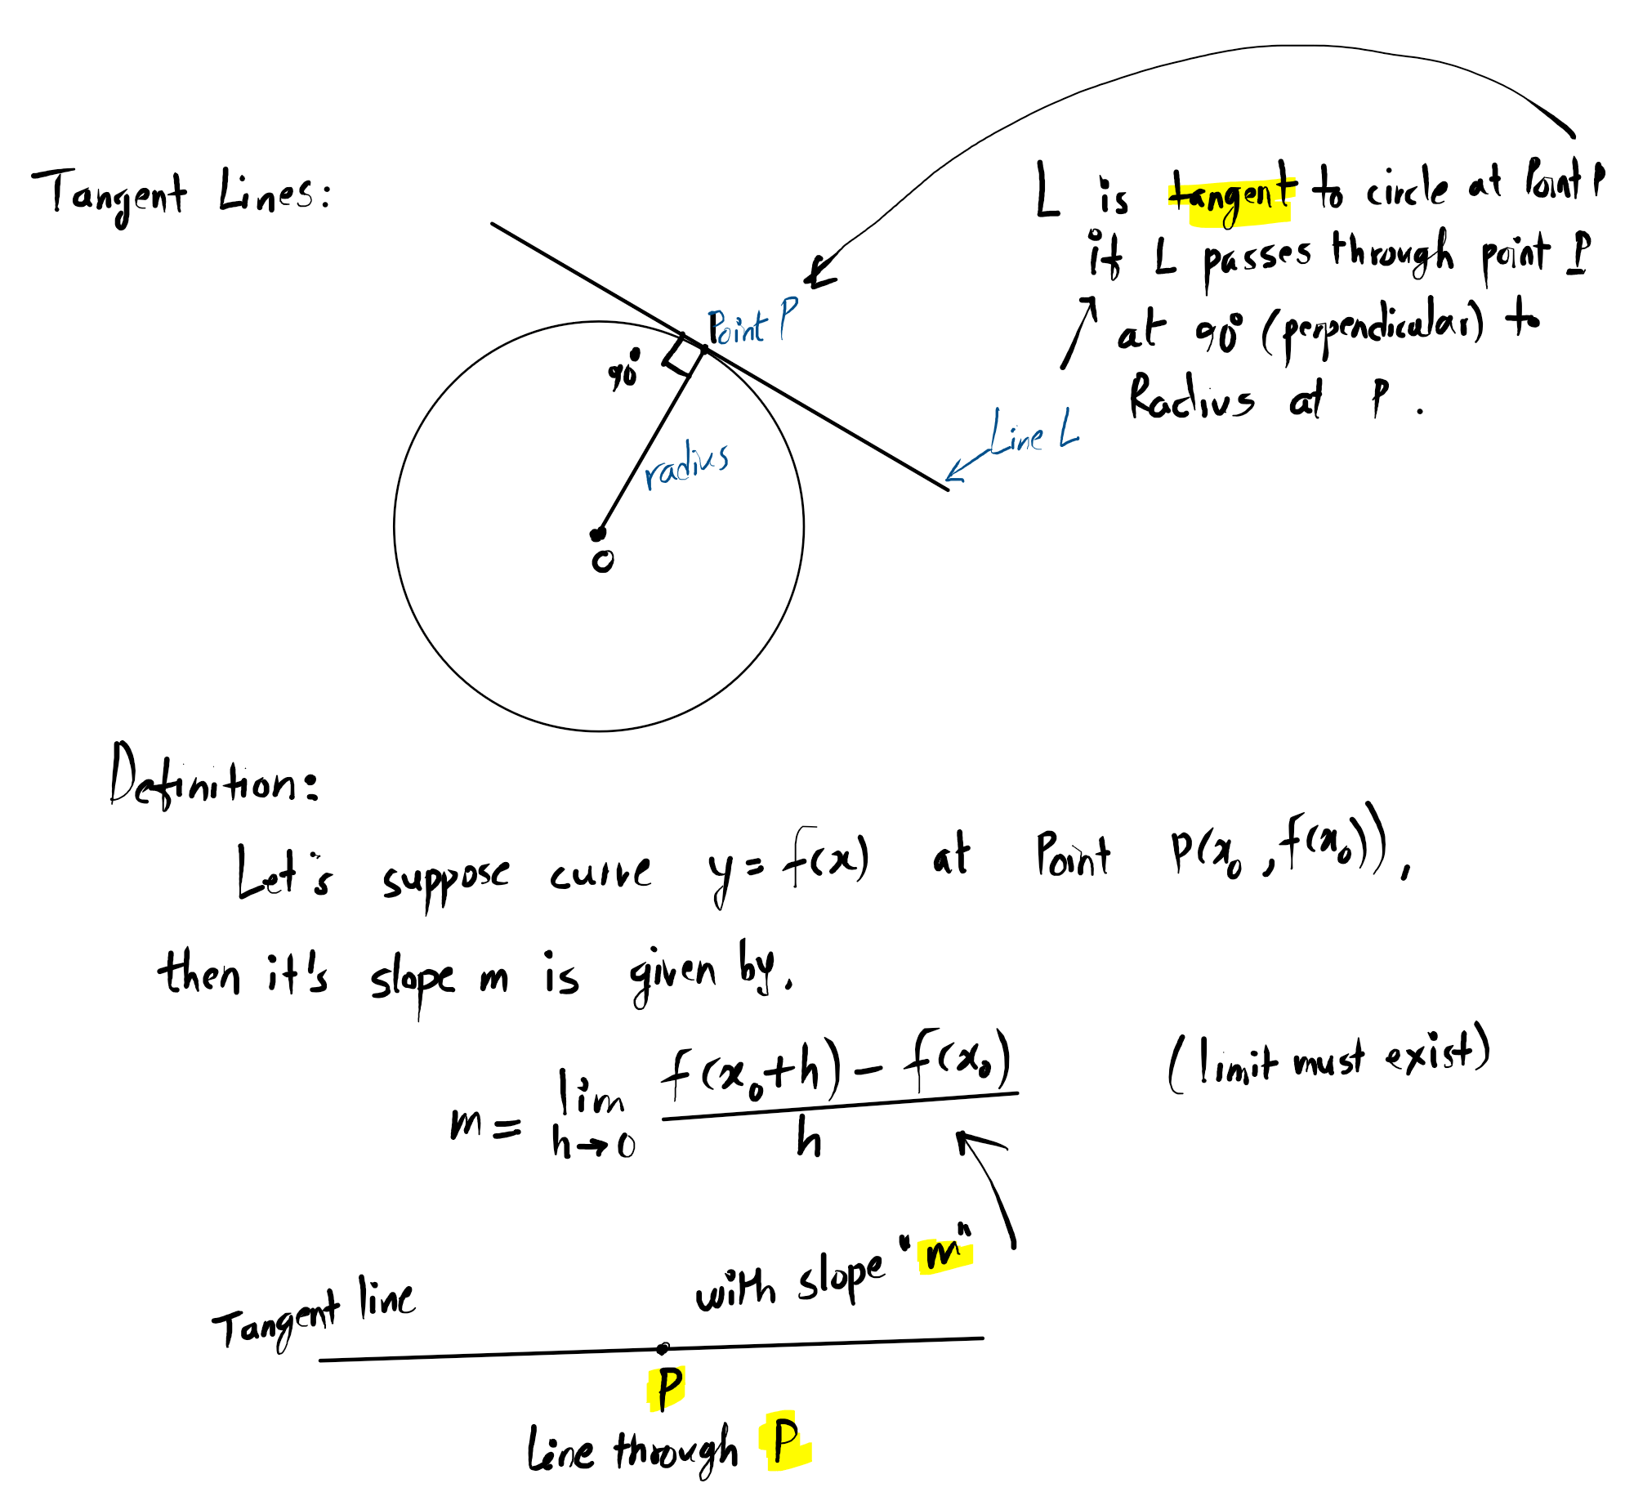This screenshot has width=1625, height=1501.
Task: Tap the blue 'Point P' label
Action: pyautogui.click(x=752, y=324)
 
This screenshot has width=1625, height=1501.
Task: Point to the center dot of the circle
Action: pyautogui.click(x=597, y=534)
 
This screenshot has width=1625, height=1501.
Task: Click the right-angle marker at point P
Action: pyautogui.click(x=685, y=355)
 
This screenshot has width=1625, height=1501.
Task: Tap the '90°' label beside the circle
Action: pyautogui.click(x=623, y=371)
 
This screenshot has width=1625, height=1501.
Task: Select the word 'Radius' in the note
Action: pyautogui.click(x=1190, y=398)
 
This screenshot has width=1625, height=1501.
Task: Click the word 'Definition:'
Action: pyautogui.click(x=214, y=780)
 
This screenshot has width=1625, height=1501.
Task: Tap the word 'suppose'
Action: pyautogui.click(x=445, y=879)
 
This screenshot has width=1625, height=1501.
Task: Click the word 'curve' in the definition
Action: pyautogui.click(x=600, y=875)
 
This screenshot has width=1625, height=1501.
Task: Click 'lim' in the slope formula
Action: pyautogui.click(x=591, y=1095)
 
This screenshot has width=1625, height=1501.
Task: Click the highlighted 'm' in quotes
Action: pyautogui.click(x=944, y=1253)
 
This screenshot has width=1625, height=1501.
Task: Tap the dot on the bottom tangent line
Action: pyautogui.click(x=663, y=1348)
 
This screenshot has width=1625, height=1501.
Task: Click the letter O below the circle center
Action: pyautogui.click(x=603, y=561)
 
